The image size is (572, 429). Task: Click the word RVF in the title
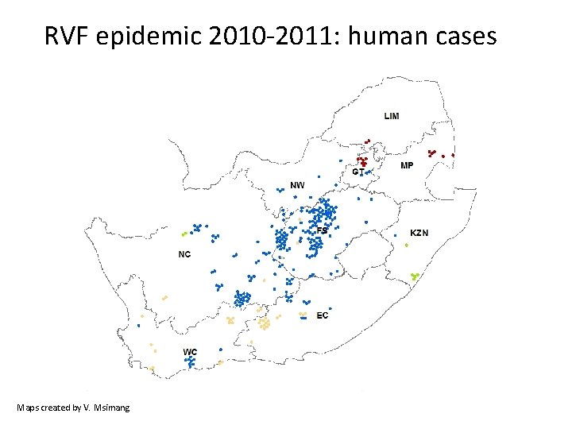67,37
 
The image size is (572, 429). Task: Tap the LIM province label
392,116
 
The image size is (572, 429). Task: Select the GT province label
359,172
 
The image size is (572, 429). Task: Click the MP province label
407,165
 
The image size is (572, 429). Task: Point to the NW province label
297,185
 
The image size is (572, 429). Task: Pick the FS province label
322,230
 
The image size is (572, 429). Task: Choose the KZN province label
419,233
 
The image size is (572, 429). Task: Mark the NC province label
184,254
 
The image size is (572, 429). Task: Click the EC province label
322,315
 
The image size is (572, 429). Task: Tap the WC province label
190,352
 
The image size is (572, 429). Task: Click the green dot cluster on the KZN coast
414,276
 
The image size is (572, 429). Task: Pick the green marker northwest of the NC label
184,234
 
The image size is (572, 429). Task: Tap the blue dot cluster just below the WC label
190,361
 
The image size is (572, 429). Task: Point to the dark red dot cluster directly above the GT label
361,161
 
